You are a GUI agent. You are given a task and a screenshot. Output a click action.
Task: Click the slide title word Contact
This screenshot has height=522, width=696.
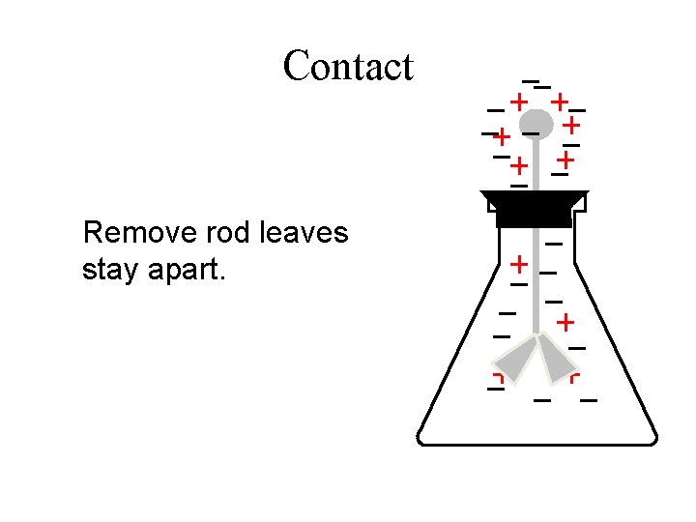click(x=348, y=67)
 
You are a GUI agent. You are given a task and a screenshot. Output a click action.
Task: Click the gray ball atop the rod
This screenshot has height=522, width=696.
click(x=536, y=124)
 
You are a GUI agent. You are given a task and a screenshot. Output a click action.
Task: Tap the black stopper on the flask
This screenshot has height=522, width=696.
click(x=534, y=208)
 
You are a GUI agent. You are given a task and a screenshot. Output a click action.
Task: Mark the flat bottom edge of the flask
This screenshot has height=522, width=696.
click(x=537, y=444)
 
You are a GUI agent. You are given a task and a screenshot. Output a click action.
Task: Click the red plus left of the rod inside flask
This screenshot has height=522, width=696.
click(x=520, y=263)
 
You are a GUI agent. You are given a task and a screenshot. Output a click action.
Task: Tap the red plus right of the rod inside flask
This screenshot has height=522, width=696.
click(x=565, y=320)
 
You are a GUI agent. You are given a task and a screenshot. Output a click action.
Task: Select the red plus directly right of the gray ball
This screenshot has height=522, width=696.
click(x=572, y=125)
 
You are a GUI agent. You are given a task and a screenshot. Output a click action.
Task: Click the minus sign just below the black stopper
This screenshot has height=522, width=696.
click(x=555, y=242)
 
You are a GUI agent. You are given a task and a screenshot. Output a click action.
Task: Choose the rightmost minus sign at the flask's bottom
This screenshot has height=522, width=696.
click(x=588, y=398)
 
